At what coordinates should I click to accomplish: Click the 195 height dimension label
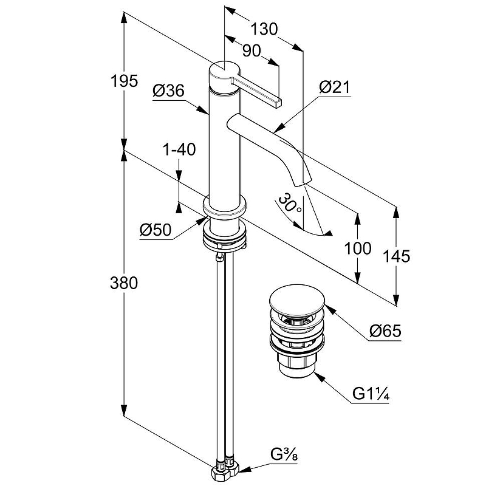(125, 81)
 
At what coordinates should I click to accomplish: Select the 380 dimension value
(125, 282)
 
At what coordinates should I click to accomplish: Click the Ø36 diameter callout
(168, 92)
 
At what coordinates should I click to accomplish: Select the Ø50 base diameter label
(156, 230)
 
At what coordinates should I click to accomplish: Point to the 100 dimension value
(357, 248)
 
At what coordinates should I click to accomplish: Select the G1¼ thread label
(371, 395)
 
